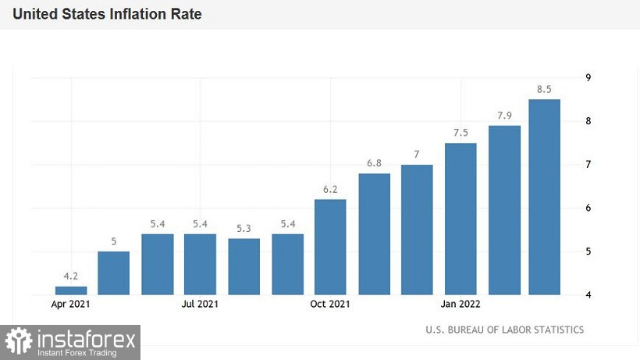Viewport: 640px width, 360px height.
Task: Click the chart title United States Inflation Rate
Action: [x=107, y=14]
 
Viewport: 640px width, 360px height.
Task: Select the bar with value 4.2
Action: [x=71, y=290]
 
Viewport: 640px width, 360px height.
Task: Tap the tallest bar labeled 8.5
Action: [x=544, y=197]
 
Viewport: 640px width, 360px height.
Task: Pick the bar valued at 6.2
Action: [x=330, y=247]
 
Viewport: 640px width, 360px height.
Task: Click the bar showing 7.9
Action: [x=504, y=210]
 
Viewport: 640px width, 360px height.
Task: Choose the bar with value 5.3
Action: [x=244, y=266]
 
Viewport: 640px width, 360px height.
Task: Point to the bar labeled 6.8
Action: [x=374, y=233]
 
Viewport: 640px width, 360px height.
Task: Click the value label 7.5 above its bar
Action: [x=460, y=132]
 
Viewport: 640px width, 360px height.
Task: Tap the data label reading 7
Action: [x=417, y=154]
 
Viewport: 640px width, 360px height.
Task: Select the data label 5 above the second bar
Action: [x=114, y=241]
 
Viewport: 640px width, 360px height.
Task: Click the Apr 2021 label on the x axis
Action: [x=71, y=304]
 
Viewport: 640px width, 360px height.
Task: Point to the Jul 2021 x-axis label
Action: [x=200, y=304]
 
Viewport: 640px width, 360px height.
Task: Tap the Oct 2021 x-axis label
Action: [x=329, y=304]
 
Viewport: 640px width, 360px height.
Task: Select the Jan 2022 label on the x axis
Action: [x=460, y=304]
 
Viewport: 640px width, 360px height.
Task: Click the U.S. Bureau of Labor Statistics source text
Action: [x=504, y=330]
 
